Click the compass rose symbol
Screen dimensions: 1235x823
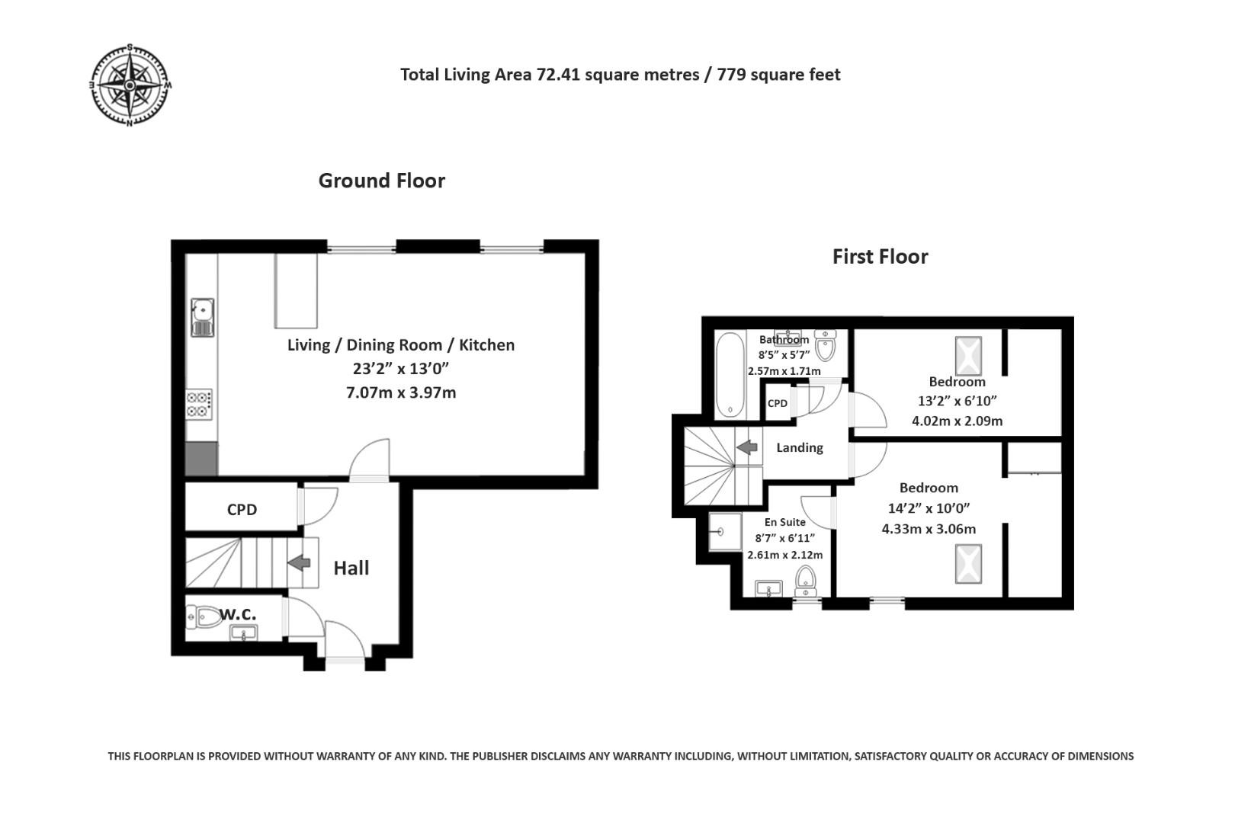tap(130, 85)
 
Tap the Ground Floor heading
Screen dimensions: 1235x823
tap(381, 181)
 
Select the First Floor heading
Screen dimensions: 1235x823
tap(880, 257)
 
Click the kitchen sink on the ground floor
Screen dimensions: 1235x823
tap(202, 318)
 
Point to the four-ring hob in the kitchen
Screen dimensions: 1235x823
tap(198, 404)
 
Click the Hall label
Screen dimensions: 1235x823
tap(351, 568)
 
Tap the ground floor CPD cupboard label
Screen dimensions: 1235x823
tap(242, 509)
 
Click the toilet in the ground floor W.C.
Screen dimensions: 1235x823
tap(203, 617)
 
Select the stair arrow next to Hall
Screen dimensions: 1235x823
tap(299, 563)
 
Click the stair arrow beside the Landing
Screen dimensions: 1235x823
tap(747, 447)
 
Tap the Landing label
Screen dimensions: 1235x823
tap(800, 447)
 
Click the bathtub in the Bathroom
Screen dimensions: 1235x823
tap(730, 375)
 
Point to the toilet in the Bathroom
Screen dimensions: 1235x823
tap(826, 345)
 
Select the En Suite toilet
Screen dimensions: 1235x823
tap(806, 581)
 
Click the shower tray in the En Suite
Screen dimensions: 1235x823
tap(725, 532)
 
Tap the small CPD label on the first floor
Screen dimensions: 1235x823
tap(778, 404)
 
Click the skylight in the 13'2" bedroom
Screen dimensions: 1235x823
tap(968, 356)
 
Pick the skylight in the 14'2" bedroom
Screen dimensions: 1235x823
tap(968, 564)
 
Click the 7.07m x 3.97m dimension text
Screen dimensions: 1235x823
tap(401, 392)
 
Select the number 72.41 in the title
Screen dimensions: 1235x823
tap(559, 75)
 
